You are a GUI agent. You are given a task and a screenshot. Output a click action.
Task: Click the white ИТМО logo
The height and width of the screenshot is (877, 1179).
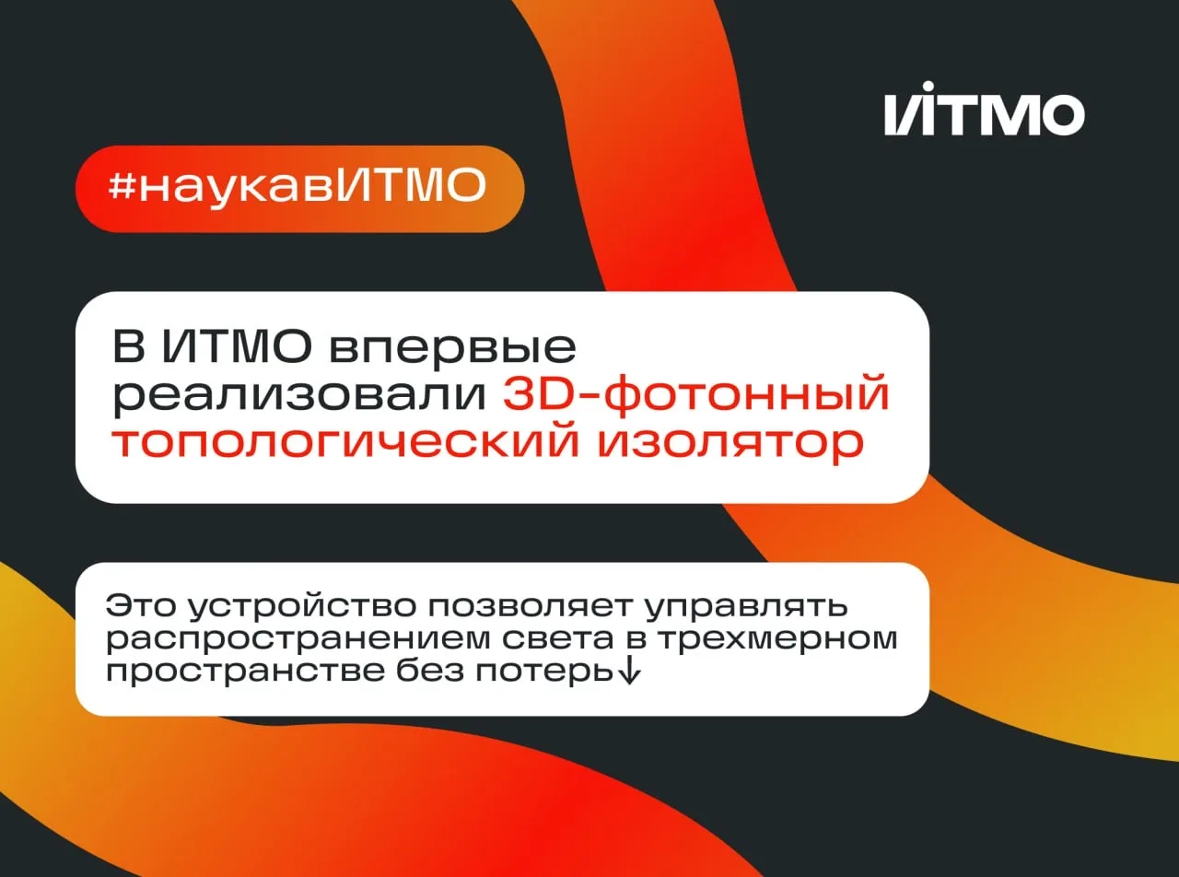click(x=985, y=109)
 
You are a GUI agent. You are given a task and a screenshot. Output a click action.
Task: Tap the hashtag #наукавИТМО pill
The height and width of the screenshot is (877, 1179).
click(x=299, y=189)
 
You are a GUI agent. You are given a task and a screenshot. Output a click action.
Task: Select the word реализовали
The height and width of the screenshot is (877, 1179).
click(x=299, y=396)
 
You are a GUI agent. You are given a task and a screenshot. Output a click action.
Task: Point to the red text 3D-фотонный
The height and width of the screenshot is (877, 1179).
click(x=696, y=393)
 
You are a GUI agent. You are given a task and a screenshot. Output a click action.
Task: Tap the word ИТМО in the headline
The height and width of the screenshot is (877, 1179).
click(x=238, y=347)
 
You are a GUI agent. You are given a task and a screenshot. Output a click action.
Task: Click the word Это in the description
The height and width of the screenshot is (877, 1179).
click(x=141, y=606)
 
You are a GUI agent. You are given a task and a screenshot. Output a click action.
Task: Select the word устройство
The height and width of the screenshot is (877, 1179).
click(x=302, y=607)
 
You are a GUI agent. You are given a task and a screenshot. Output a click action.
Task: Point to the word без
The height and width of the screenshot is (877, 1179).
click(x=429, y=670)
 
